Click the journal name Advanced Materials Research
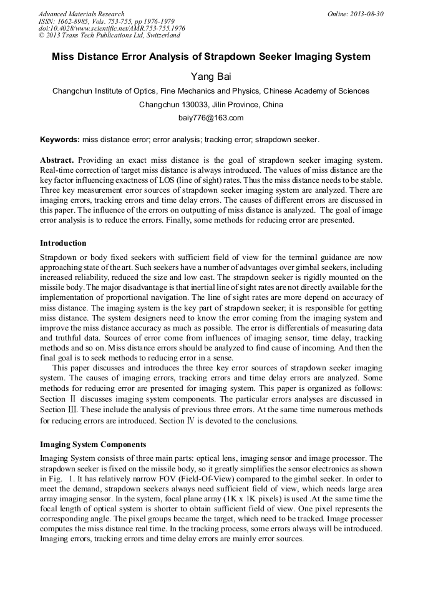click(81, 14)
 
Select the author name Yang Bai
click(211, 76)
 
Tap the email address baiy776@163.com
click(211, 117)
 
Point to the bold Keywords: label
click(59, 139)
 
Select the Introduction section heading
click(63, 243)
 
